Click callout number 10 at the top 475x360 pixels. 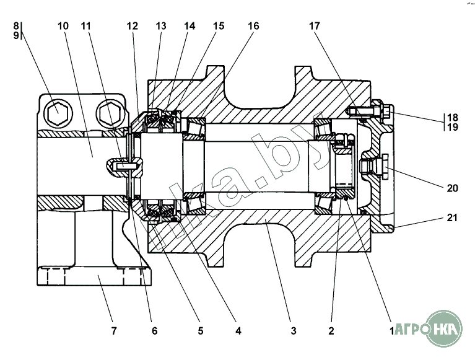tap(63, 26)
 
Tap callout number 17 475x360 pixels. tap(314, 26)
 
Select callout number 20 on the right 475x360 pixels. tap(452, 188)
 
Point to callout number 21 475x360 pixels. tap(452, 217)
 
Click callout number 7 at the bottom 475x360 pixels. tap(114, 331)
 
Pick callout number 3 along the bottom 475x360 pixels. tap(293, 331)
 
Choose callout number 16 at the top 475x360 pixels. tap(253, 26)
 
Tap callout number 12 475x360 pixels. tap(133, 26)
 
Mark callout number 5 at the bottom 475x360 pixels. tap(201, 331)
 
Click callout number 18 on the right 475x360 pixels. tap(453, 117)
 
